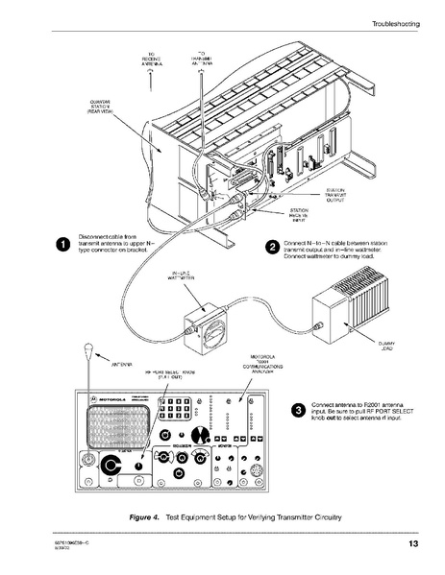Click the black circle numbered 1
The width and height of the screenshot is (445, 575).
(62, 244)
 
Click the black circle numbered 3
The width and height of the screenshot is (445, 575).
(300, 411)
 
